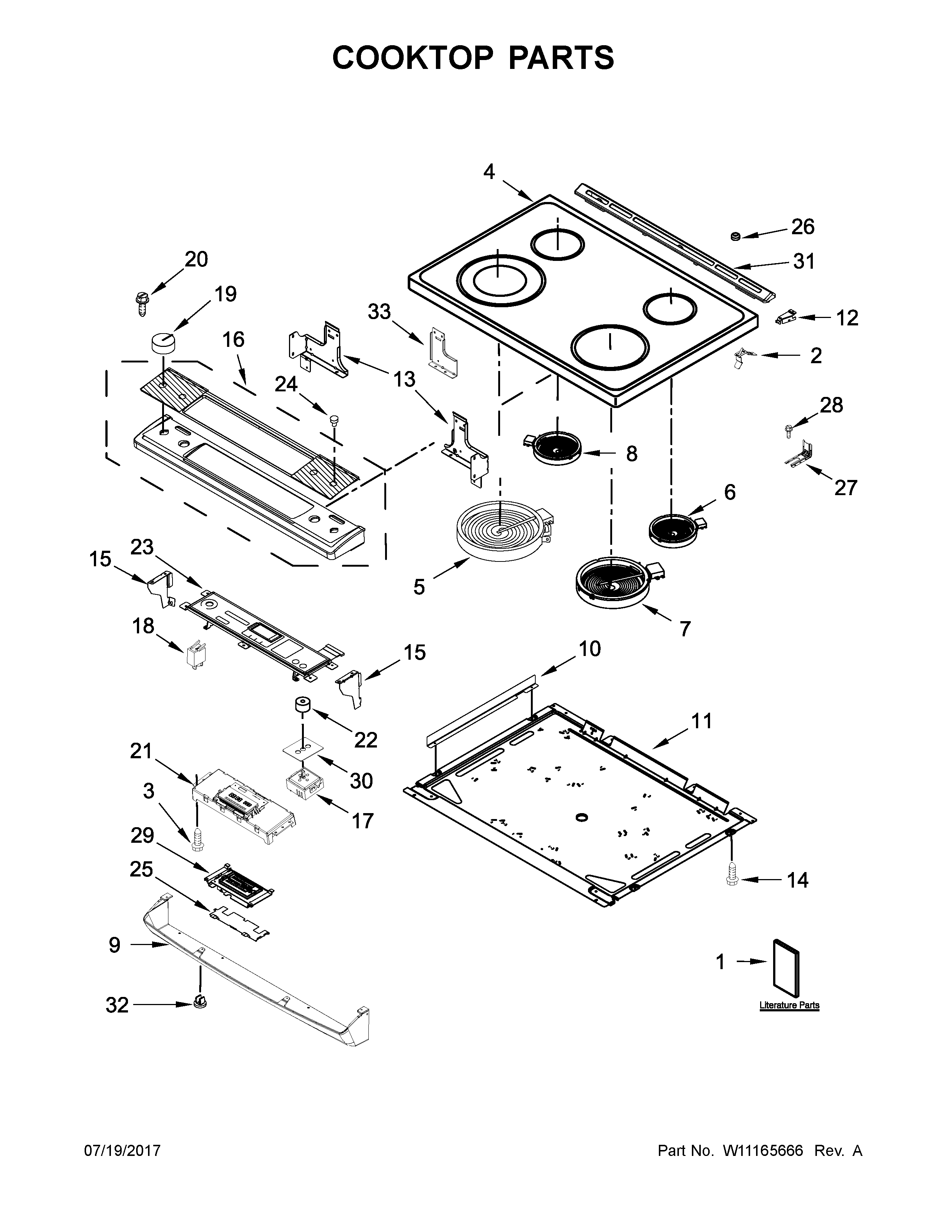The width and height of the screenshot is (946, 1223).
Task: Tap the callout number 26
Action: coord(802,227)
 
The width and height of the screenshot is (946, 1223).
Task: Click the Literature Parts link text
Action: coord(789,1005)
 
